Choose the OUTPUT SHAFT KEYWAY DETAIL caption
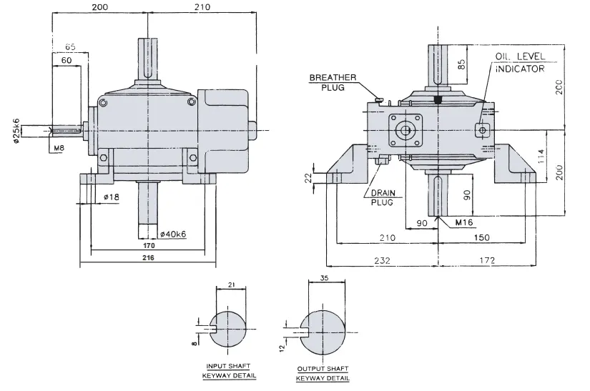(323, 374)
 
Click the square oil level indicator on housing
(482, 129)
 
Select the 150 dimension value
(484, 237)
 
